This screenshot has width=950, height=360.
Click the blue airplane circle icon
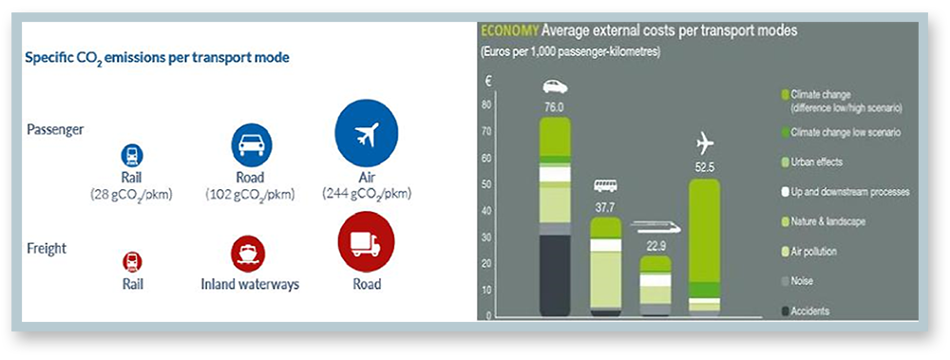tap(366, 133)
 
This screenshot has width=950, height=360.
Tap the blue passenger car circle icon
tap(252, 145)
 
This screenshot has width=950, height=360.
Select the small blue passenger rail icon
tap(133, 156)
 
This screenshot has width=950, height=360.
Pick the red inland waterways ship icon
tap(248, 254)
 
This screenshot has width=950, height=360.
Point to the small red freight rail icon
tap(133, 262)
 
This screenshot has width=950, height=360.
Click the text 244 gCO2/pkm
tap(367, 194)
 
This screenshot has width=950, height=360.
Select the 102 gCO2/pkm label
tap(250, 195)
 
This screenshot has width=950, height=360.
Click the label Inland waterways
tap(250, 284)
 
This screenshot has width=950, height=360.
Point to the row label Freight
tap(47, 249)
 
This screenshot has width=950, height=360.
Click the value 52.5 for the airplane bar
tap(705, 167)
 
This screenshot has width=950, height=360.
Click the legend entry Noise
tap(797, 281)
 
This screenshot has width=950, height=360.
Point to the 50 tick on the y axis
tap(485, 184)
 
